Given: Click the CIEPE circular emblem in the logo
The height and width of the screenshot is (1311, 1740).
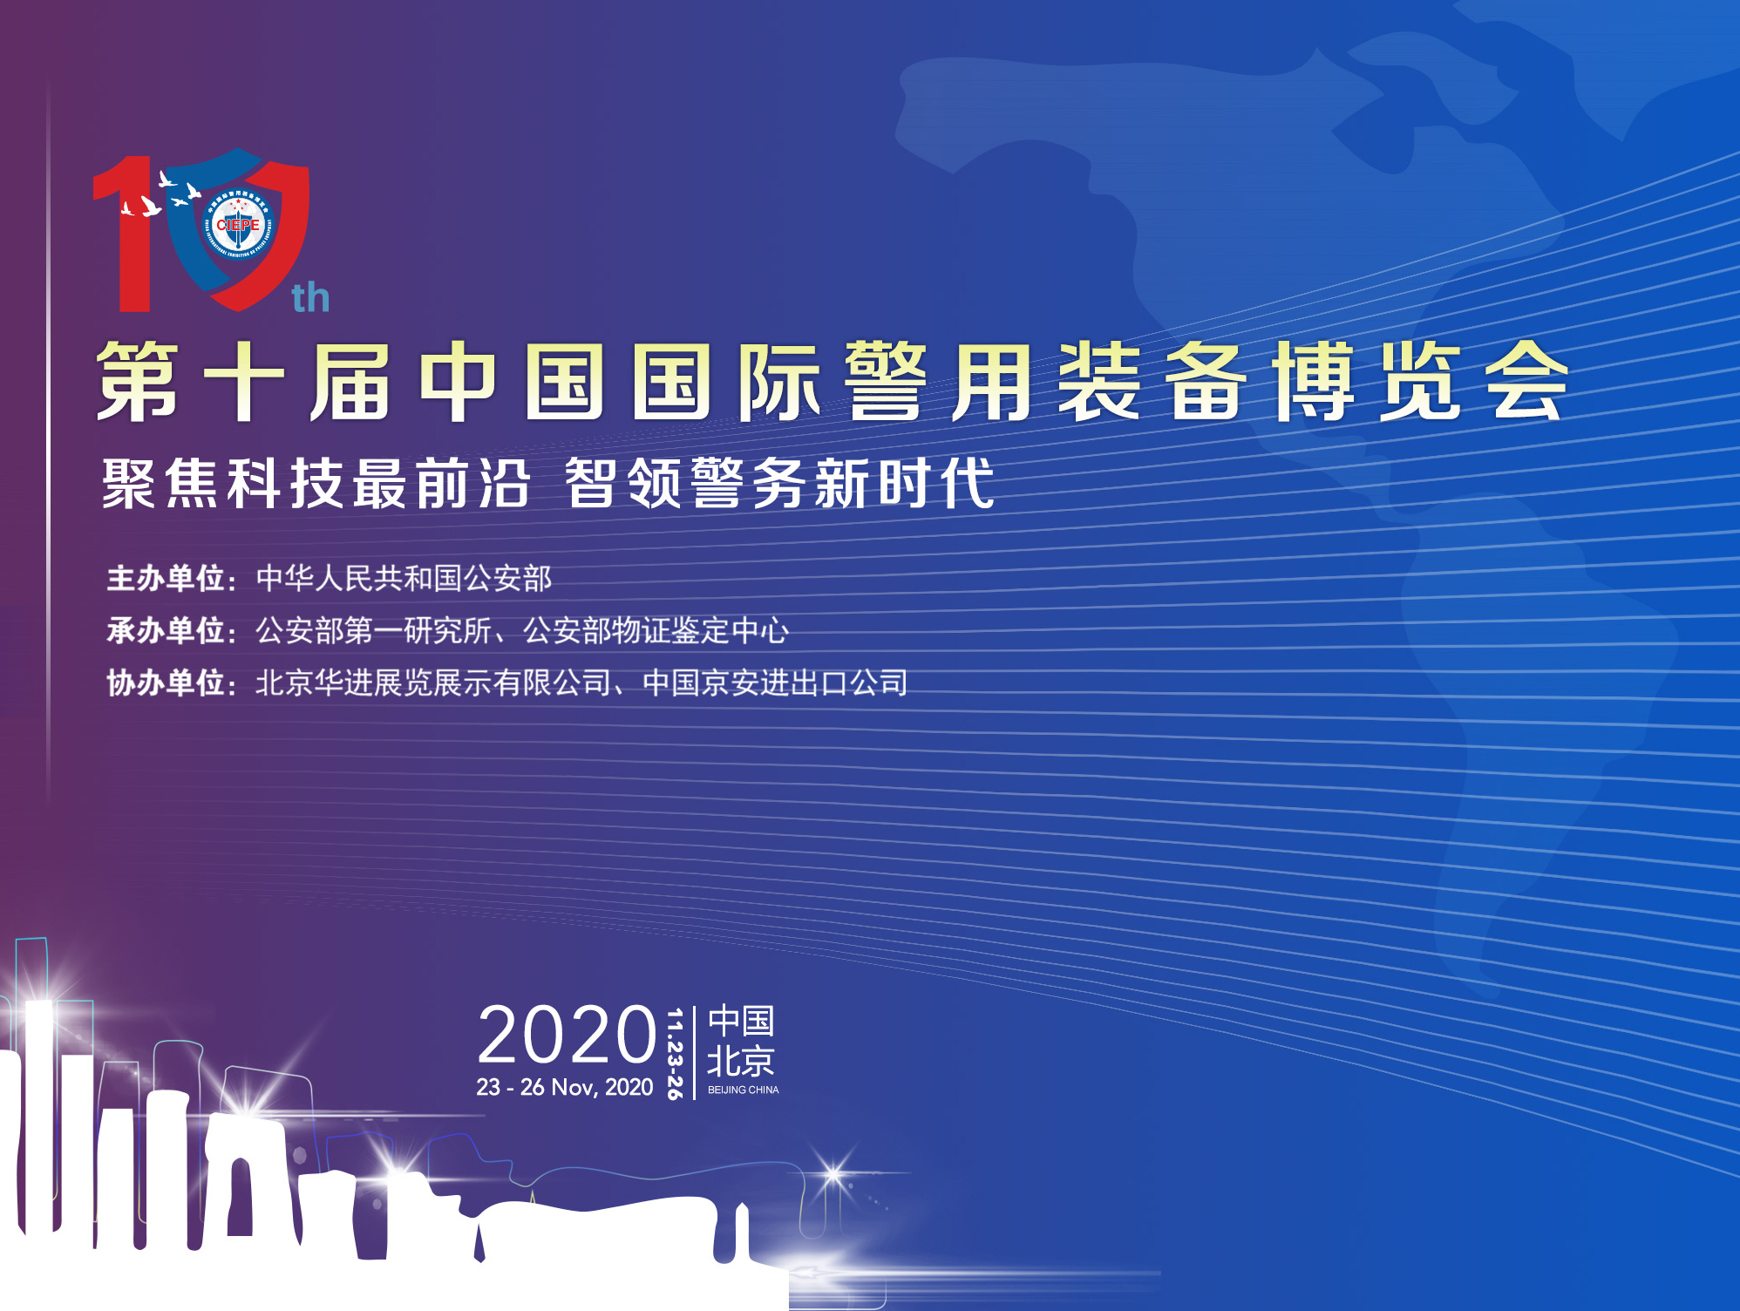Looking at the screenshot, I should [x=238, y=224].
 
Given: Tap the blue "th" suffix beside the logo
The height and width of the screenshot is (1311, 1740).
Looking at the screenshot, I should [x=310, y=298].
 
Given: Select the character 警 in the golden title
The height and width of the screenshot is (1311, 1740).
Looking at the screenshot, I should [x=885, y=382].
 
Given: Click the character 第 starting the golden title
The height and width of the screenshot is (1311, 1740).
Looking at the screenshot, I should [x=138, y=382].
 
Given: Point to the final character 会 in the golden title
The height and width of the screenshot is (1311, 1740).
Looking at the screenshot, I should [x=1526, y=382].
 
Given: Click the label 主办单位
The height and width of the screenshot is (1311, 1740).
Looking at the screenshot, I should [x=167, y=579].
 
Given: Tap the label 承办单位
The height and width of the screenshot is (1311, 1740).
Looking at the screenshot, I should [x=167, y=631].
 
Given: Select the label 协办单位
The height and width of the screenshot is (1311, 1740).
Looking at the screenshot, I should [x=167, y=683].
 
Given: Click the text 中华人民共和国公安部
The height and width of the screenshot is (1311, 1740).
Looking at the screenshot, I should [x=404, y=579].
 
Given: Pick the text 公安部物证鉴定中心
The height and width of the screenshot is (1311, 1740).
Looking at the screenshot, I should [x=656, y=631].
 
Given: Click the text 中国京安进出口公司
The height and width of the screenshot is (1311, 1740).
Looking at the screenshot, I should [x=775, y=683].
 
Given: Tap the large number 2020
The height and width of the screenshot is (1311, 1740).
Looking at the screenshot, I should [x=567, y=1035].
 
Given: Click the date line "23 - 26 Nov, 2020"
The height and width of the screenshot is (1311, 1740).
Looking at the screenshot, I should [x=564, y=1088].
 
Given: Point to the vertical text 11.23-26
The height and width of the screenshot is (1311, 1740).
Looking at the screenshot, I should [x=674, y=1053].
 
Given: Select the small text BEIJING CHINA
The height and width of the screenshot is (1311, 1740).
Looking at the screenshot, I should [x=743, y=1090].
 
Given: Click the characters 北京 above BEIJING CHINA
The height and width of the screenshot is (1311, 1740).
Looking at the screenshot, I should [x=740, y=1061].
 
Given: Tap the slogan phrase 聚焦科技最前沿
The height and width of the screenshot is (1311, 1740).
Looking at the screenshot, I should [x=316, y=484].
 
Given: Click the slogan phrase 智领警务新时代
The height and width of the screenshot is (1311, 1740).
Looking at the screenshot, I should [x=779, y=484].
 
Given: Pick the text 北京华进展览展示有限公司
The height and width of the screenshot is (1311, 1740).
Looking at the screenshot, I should [x=433, y=683].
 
